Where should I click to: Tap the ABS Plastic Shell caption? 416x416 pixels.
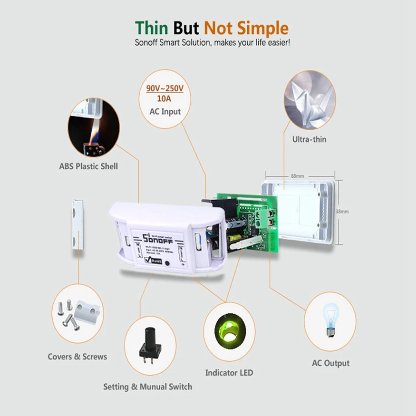[88, 166]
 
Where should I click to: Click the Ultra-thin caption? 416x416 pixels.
[309, 139]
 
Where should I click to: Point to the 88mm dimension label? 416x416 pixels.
[297, 176]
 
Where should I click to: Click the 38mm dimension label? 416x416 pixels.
[342, 211]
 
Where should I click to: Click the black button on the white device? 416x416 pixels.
[167, 262]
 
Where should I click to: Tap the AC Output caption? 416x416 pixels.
[330, 363]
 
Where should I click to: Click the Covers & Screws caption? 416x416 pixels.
[77, 357]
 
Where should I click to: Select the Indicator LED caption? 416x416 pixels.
[229, 372]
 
